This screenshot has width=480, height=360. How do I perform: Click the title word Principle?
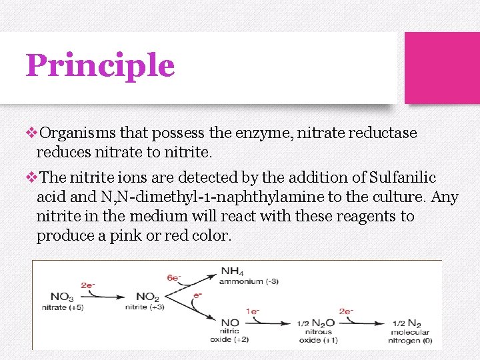(x=100, y=66)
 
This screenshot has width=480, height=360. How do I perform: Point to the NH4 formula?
(x=233, y=271)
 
